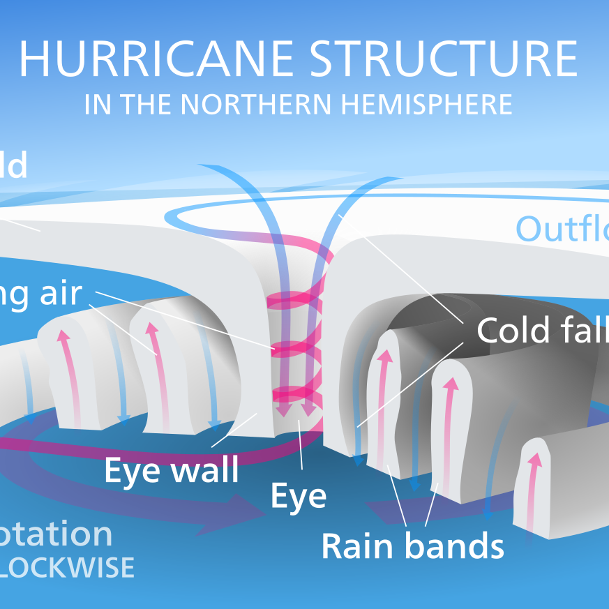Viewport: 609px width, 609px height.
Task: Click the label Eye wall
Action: (171, 470)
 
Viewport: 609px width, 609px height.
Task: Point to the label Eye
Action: (298, 496)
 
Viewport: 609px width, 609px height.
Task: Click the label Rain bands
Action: (412, 546)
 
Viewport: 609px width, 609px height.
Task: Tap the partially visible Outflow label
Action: (562, 229)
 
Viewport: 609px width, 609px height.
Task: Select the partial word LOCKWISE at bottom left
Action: (66, 567)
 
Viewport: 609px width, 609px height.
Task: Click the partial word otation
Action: (56, 534)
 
